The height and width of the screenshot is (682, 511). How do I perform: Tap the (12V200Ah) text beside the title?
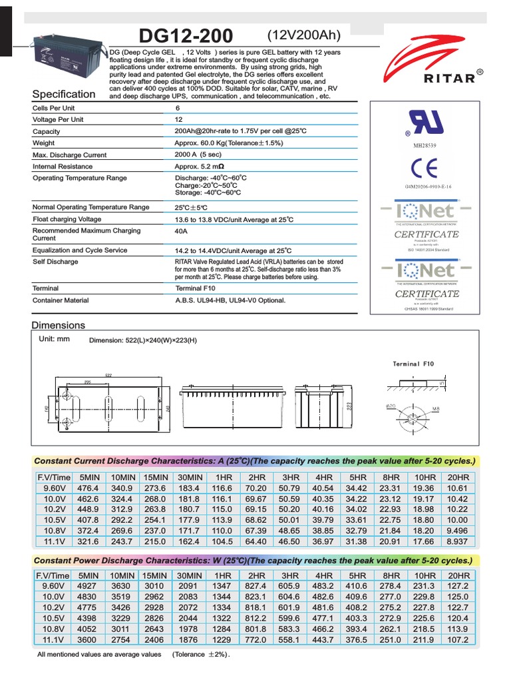click(x=303, y=35)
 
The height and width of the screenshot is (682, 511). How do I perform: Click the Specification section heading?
click(x=64, y=95)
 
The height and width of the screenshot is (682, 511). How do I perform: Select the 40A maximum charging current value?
click(x=180, y=231)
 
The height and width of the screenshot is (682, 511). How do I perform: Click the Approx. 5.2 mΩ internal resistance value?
click(x=200, y=167)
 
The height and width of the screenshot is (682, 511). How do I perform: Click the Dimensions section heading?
click(x=59, y=325)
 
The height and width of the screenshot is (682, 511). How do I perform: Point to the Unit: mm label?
click(x=54, y=339)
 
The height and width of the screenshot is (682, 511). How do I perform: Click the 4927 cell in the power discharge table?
click(x=88, y=585)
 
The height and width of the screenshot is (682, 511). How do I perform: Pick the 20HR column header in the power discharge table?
click(x=458, y=575)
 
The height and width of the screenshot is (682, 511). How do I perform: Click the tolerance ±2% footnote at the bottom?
click(x=201, y=655)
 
